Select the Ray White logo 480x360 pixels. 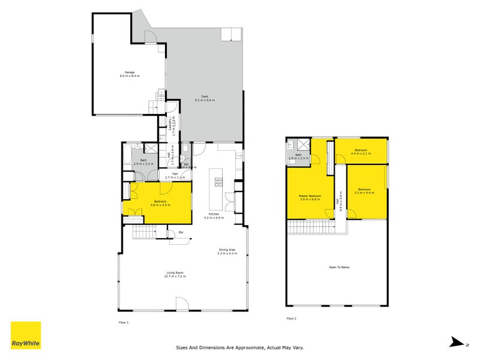tap(26, 335)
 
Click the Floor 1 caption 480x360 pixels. tap(124, 322)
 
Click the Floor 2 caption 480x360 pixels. tap(291, 318)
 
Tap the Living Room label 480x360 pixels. tap(175, 273)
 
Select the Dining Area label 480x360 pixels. tap(227, 250)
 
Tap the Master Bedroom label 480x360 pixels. tap(310, 196)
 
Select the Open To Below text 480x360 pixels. tap(339, 266)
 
